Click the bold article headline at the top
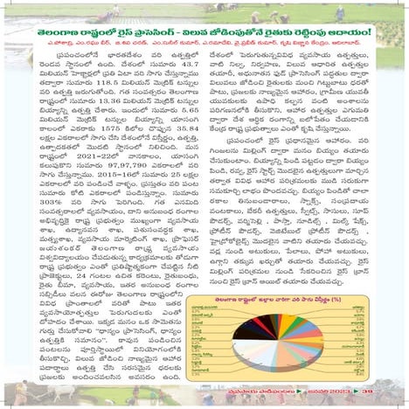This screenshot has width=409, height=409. (206, 34)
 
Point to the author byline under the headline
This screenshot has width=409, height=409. (206, 46)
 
